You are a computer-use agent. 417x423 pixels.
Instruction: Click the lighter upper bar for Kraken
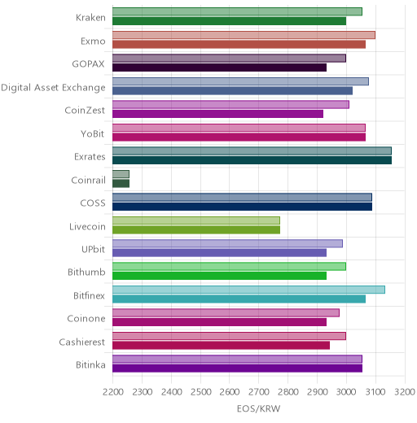coord(237,11)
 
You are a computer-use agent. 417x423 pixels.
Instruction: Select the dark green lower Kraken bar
coord(230,21)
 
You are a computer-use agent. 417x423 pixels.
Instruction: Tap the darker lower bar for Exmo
coord(239,45)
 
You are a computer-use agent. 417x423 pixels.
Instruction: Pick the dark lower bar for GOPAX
coord(220,68)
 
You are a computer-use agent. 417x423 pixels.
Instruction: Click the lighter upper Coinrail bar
coord(121,174)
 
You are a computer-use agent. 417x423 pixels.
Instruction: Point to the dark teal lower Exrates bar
coord(252,160)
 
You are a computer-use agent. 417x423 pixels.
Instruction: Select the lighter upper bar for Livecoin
coord(196,220)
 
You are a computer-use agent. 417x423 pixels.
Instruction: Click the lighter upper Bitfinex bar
coord(248,290)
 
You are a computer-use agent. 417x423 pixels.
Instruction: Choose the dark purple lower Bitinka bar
coord(238,368)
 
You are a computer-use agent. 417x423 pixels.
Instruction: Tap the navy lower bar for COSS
coord(243,207)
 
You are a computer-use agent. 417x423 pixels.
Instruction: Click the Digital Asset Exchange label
coord(53,88)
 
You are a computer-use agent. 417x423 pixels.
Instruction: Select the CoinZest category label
coord(85,111)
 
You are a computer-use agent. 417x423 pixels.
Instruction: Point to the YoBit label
coord(93,133)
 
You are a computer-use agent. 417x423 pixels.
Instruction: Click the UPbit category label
coord(93,249)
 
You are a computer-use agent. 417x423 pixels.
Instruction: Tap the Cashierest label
coord(82,342)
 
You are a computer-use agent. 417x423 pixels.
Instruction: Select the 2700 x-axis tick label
coord(259,392)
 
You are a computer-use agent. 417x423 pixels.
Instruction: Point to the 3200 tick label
coord(405,392)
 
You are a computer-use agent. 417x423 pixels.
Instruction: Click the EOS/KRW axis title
coord(258,408)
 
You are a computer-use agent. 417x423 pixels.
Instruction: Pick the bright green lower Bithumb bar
coord(220,276)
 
